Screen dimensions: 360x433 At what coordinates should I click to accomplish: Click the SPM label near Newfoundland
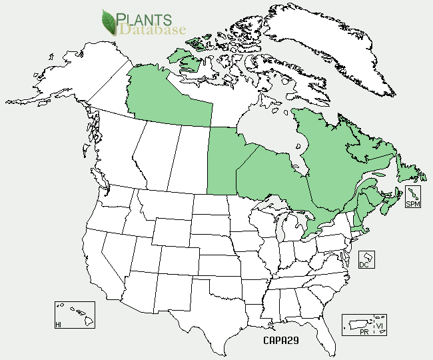coord(413,204)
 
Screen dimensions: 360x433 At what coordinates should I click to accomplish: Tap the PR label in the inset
coord(364,331)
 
